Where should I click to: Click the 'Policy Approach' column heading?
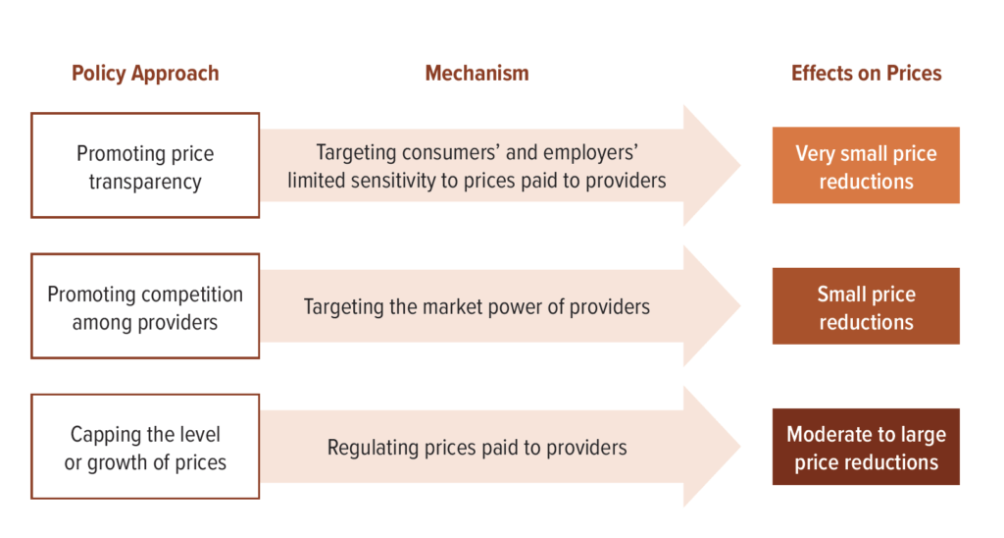pyautogui.click(x=145, y=74)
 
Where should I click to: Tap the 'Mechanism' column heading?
pyautogui.click(x=477, y=73)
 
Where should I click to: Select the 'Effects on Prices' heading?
pyautogui.click(x=867, y=73)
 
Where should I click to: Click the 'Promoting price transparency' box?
pyautogui.click(x=145, y=166)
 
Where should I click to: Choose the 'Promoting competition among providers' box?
pyautogui.click(x=145, y=306)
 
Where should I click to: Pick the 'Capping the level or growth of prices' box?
pyautogui.click(x=145, y=447)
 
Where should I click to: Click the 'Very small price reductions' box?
pyautogui.click(x=866, y=166)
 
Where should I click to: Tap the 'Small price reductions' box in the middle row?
pyautogui.click(x=866, y=306)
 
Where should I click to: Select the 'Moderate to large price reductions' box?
pyautogui.click(x=866, y=447)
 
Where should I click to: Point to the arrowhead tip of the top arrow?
pyautogui.click(x=741, y=166)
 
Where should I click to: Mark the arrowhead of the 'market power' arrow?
pyautogui.click(x=712, y=306)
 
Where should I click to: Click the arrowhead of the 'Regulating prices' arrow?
pyautogui.click(x=712, y=447)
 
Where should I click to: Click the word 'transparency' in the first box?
pyautogui.click(x=145, y=182)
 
